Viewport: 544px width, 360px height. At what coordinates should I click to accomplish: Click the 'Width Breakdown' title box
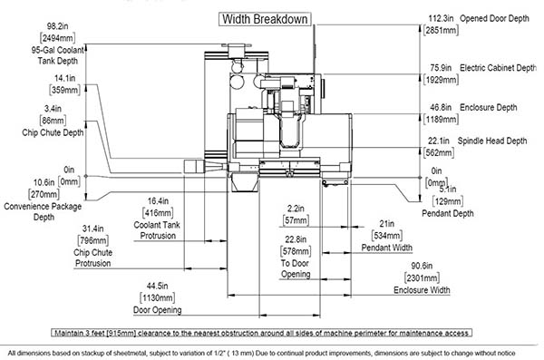coord(265,19)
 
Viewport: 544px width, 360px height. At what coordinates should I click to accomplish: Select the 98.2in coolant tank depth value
coord(58,26)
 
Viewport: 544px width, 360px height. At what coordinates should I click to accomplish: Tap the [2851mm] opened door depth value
coord(441,30)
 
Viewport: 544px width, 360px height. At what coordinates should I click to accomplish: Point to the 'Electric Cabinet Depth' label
coord(498,68)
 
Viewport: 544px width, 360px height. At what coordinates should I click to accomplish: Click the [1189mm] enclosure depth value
coord(441,120)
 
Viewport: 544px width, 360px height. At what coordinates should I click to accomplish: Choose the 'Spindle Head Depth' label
coord(492,141)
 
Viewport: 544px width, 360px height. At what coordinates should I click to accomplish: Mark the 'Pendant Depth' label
coord(448,213)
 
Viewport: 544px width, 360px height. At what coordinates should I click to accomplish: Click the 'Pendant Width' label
coord(387,248)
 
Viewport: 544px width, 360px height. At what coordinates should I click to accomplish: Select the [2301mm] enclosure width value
coord(422,278)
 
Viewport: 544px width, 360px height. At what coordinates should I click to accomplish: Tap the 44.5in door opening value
coord(157,286)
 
